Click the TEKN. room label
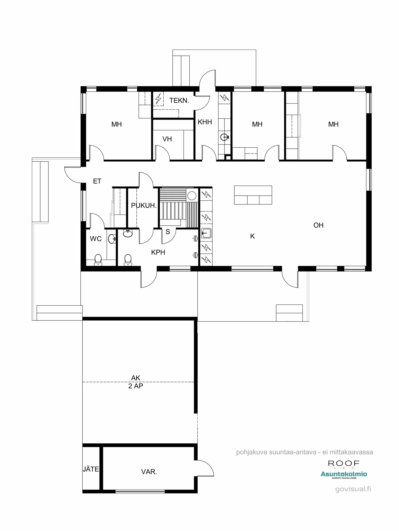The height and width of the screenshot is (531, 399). pos(179,101)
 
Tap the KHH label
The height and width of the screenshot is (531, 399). pos(205,122)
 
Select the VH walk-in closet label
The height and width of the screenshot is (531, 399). pos(167,139)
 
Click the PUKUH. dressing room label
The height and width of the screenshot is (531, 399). pos(144,205)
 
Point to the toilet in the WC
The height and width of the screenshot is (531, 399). pos(98,259)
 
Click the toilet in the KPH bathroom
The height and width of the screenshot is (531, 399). pos(128,259)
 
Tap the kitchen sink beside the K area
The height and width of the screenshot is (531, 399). pos(206,233)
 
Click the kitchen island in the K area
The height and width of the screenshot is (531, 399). pos(253,195)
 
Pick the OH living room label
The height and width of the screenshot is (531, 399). pos(318,225)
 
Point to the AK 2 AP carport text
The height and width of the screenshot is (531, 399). pos(136,382)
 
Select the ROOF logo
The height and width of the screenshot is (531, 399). pos(344,463)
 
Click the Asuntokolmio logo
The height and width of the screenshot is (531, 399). pos(344,474)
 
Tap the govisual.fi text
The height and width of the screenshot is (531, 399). pos(353,489)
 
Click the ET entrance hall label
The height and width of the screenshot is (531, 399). pos(97,181)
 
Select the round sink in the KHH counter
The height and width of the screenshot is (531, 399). pos(224,137)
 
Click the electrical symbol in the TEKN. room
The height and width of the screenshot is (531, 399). pos(158,99)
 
